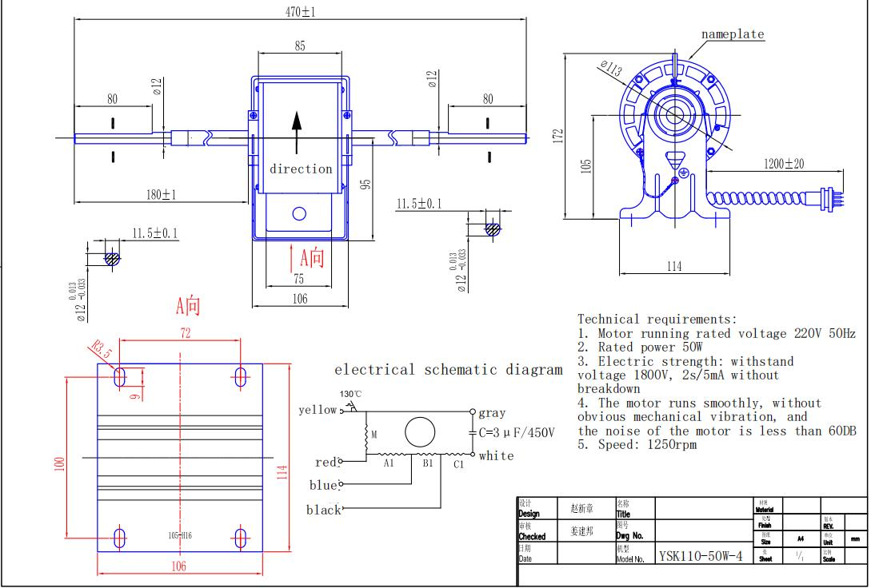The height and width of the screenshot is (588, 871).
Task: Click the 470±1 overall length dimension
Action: click(x=301, y=12)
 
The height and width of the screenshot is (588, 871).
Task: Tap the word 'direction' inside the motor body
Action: click(x=301, y=169)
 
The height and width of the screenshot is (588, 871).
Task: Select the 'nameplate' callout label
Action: click(x=733, y=34)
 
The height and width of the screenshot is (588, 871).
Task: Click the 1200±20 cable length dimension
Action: click(x=783, y=164)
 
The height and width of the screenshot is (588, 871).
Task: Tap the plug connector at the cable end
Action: click(x=829, y=195)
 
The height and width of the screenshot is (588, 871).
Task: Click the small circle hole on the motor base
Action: click(x=299, y=213)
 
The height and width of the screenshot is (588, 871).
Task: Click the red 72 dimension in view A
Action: click(x=186, y=334)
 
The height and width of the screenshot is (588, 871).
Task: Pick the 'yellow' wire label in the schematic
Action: click(x=318, y=410)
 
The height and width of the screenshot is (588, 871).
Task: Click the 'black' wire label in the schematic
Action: click(x=324, y=510)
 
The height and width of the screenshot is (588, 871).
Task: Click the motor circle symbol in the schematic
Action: click(x=419, y=431)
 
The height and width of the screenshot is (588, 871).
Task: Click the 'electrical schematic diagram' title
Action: click(x=448, y=369)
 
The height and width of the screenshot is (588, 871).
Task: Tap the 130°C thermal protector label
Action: click(x=351, y=394)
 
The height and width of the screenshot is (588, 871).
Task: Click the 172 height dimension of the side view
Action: click(x=559, y=136)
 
